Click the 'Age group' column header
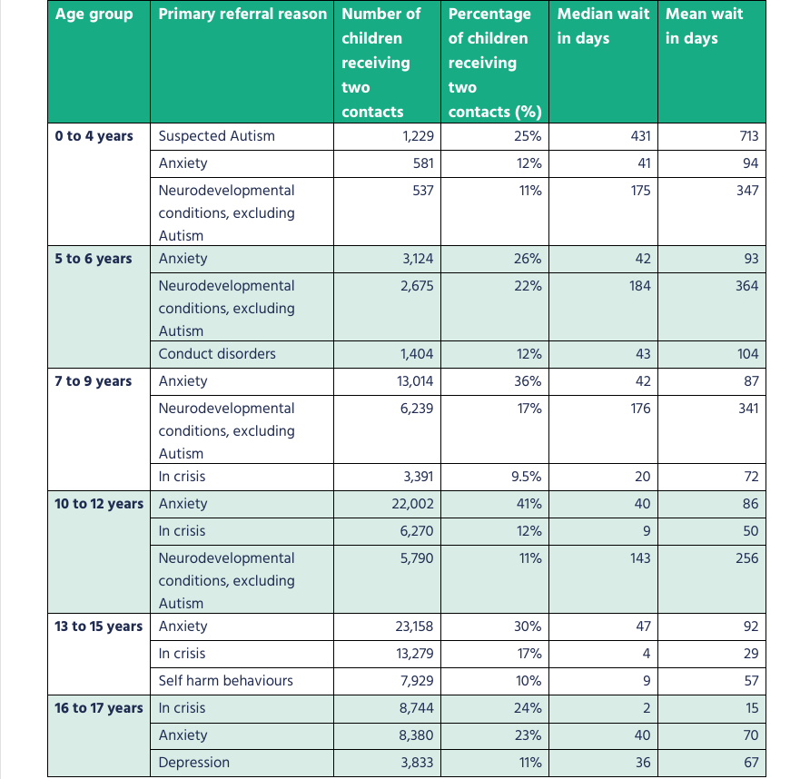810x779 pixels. click(x=94, y=15)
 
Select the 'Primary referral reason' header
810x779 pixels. click(x=242, y=15)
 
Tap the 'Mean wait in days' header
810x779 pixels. click(x=705, y=26)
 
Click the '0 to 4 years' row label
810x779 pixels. click(x=94, y=136)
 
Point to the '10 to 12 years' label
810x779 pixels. click(x=99, y=504)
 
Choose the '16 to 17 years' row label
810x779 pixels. click(x=99, y=708)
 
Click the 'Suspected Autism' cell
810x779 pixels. click(x=216, y=136)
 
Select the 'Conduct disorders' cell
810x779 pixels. click(x=217, y=354)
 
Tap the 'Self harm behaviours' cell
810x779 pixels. click(x=226, y=681)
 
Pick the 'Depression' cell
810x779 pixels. click(x=194, y=763)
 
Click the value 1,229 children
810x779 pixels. click(x=417, y=136)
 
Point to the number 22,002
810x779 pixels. click(x=413, y=504)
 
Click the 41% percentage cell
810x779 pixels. click(x=529, y=504)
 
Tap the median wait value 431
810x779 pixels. click(x=640, y=136)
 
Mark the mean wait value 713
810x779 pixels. click(x=747, y=136)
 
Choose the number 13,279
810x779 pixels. click(x=414, y=654)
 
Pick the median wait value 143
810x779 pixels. click(x=640, y=558)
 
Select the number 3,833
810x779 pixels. click(x=417, y=763)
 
